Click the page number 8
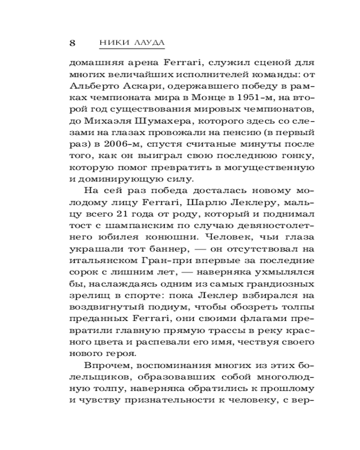(72, 43)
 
